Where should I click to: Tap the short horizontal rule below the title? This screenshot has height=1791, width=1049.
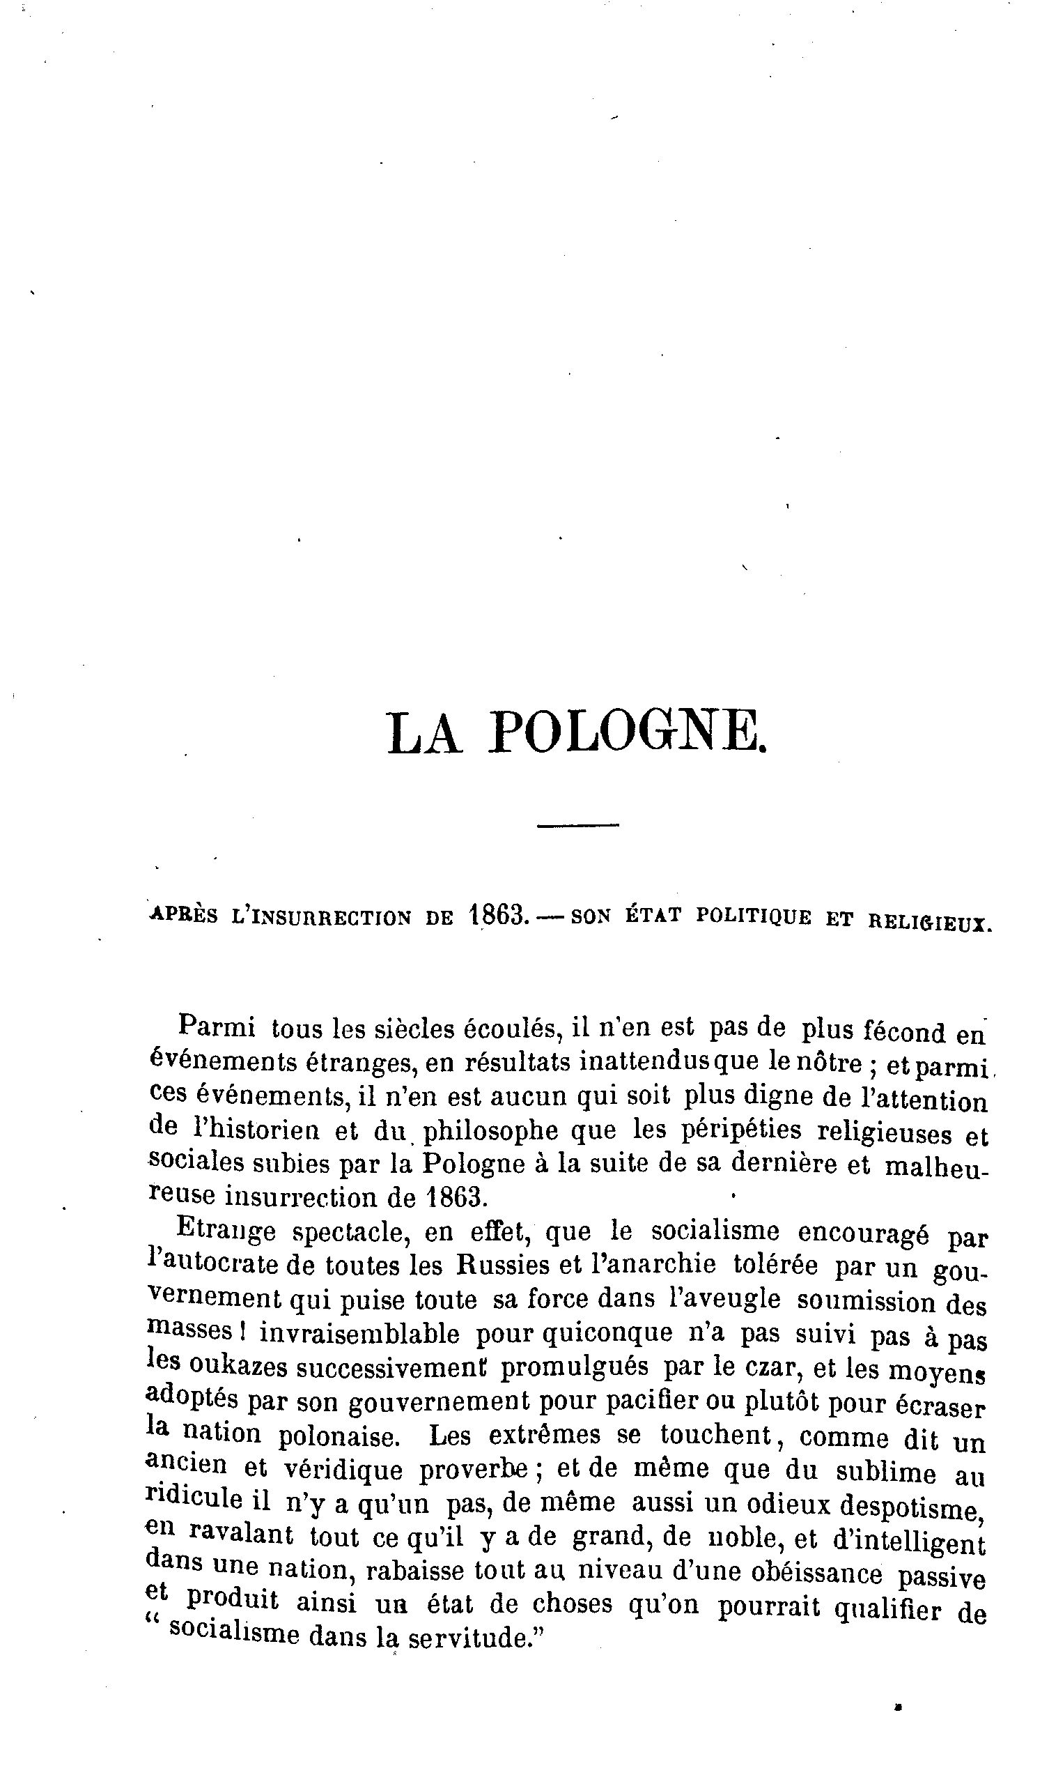click(578, 825)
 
